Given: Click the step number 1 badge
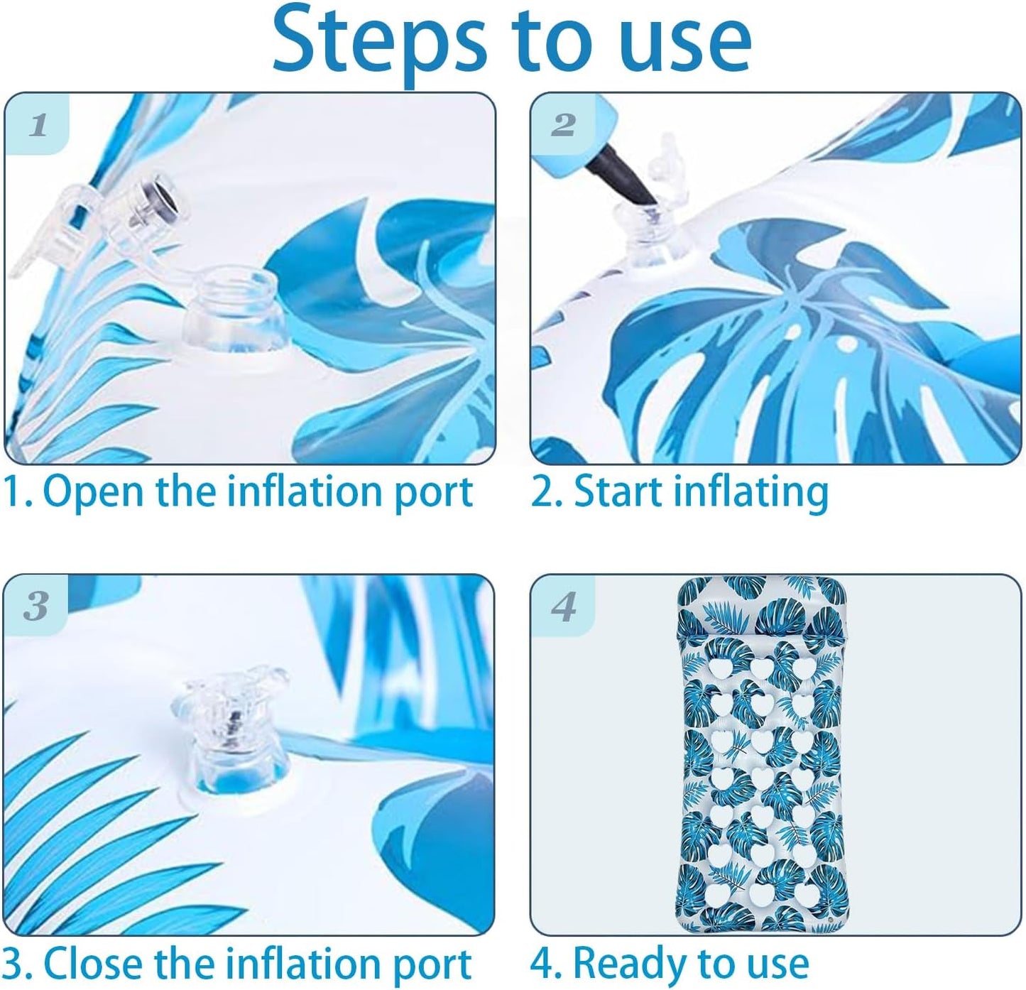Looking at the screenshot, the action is pyautogui.click(x=37, y=125).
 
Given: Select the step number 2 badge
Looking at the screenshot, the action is pyautogui.click(x=563, y=125).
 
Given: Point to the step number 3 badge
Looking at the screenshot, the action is pyautogui.click(x=36, y=606).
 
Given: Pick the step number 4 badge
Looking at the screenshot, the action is pyautogui.click(x=563, y=606).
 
